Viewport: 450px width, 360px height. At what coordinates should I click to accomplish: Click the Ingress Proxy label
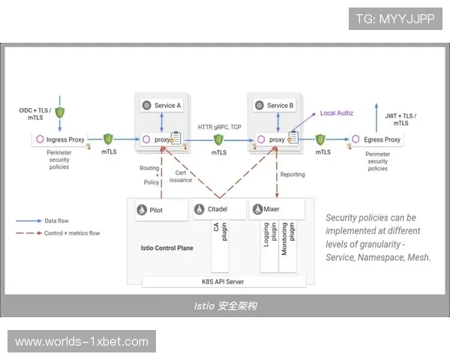[66, 139]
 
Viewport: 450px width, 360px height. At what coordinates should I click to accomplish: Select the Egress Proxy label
[382, 139]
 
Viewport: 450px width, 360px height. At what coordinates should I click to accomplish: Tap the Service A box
[163, 106]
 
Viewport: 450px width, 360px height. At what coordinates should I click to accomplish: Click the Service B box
[275, 106]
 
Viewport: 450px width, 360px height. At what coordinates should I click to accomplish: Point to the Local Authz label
[337, 113]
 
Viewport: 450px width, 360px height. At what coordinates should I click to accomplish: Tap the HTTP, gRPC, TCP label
[220, 127]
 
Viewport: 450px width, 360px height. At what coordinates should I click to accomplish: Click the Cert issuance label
[181, 176]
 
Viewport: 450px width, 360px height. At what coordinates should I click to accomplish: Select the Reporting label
[292, 175]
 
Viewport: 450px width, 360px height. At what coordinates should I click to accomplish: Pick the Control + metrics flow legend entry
[72, 233]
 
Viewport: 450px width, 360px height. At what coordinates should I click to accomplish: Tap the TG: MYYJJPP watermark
[395, 19]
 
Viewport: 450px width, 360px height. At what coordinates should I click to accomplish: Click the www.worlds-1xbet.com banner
[81, 342]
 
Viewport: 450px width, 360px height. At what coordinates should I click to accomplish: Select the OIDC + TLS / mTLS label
[35, 114]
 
